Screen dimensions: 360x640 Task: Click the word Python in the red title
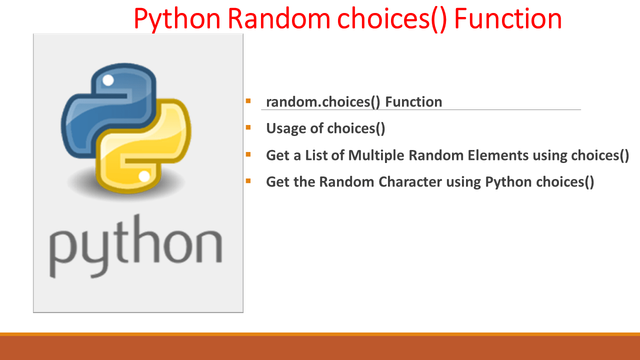(177, 19)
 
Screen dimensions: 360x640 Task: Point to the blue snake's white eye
(108, 80)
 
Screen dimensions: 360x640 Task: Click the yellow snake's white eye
(144, 176)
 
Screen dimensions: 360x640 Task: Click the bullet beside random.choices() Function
(248, 101)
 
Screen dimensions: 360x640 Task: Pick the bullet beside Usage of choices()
(248, 127)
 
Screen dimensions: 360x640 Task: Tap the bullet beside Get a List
(248, 154)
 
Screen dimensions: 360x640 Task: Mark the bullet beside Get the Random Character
(248, 180)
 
